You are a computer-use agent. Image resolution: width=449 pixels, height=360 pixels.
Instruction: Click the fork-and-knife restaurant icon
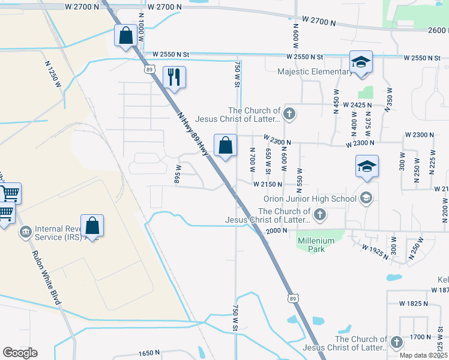(174, 77)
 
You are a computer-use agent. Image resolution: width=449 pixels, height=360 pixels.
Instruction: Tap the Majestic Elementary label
(315, 72)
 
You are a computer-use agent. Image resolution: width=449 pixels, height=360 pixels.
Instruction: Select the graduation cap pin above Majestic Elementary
(361, 62)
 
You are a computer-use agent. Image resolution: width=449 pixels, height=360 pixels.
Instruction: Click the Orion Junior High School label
(310, 199)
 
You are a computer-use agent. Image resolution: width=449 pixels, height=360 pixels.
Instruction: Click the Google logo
(20, 352)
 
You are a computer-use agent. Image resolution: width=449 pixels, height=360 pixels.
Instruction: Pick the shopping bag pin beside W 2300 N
(225, 145)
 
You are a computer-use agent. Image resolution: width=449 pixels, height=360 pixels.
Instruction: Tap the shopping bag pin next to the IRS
(92, 226)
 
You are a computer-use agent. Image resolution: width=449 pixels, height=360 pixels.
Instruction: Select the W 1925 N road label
(376, 247)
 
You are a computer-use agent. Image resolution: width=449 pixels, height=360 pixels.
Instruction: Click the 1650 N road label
(149, 353)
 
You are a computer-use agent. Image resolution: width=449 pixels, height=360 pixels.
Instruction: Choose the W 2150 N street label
(267, 184)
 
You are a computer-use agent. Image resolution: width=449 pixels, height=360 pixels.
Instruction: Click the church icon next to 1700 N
(396, 342)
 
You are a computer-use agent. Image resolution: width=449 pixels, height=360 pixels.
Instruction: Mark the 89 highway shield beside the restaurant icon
(148, 70)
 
